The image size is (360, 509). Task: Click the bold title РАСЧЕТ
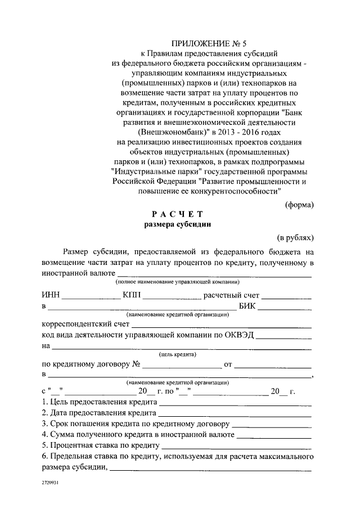(175, 214)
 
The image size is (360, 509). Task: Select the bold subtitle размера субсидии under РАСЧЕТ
(177, 224)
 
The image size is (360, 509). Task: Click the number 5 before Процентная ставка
(44, 445)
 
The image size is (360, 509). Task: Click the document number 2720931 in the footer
(50, 483)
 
